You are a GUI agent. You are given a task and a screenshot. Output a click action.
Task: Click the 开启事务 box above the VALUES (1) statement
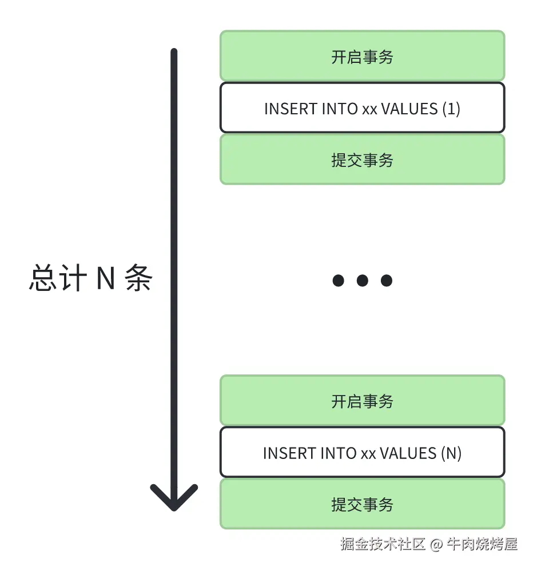point(362,57)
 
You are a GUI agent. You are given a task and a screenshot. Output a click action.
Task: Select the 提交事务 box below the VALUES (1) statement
point(362,160)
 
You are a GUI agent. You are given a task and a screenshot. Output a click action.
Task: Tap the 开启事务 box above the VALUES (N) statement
point(362,401)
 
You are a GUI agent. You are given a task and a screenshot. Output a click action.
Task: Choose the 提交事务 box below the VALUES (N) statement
point(362,505)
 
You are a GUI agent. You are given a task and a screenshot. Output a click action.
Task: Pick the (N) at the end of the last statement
point(451,453)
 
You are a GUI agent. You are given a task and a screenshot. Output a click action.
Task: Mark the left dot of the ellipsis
point(338,280)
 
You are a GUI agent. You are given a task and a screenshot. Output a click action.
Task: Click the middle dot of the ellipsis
point(362,280)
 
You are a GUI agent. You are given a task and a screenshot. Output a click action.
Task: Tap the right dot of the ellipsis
point(387,280)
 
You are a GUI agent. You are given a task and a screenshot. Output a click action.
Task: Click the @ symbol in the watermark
point(436,544)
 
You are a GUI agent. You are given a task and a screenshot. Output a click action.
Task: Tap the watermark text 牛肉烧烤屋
point(482,544)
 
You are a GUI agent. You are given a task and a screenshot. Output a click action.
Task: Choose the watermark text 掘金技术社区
point(383,544)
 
